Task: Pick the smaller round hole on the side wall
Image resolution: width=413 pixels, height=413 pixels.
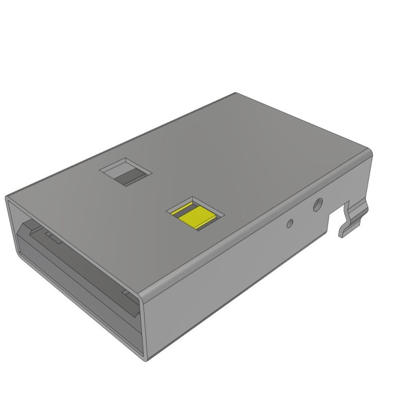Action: click(290, 223)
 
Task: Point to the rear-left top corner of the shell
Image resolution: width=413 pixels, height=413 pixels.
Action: click(235, 93)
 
